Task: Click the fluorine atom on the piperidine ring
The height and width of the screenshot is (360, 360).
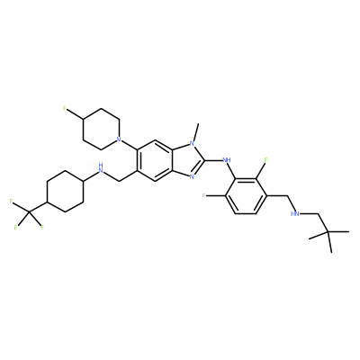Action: point(65,109)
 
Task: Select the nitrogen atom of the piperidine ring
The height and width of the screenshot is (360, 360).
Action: point(119,139)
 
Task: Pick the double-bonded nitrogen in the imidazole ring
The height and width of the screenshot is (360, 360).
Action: point(192,176)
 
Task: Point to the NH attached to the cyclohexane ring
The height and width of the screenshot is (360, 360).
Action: point(101,168)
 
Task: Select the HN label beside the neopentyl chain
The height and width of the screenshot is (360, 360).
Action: point(295,214)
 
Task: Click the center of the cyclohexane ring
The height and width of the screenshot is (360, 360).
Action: point(65,192)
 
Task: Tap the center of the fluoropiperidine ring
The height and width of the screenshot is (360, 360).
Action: point(101,129)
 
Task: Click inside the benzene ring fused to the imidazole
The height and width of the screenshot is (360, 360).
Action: point(155,160)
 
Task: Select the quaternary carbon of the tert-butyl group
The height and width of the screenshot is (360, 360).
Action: point(328,232)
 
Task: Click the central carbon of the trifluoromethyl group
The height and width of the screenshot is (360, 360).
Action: point(29,212)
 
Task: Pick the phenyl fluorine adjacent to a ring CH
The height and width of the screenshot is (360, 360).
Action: point(203,196)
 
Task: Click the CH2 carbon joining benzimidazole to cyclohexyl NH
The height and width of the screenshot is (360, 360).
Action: point(119,181)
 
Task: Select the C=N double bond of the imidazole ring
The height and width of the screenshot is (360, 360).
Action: point(198,167)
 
